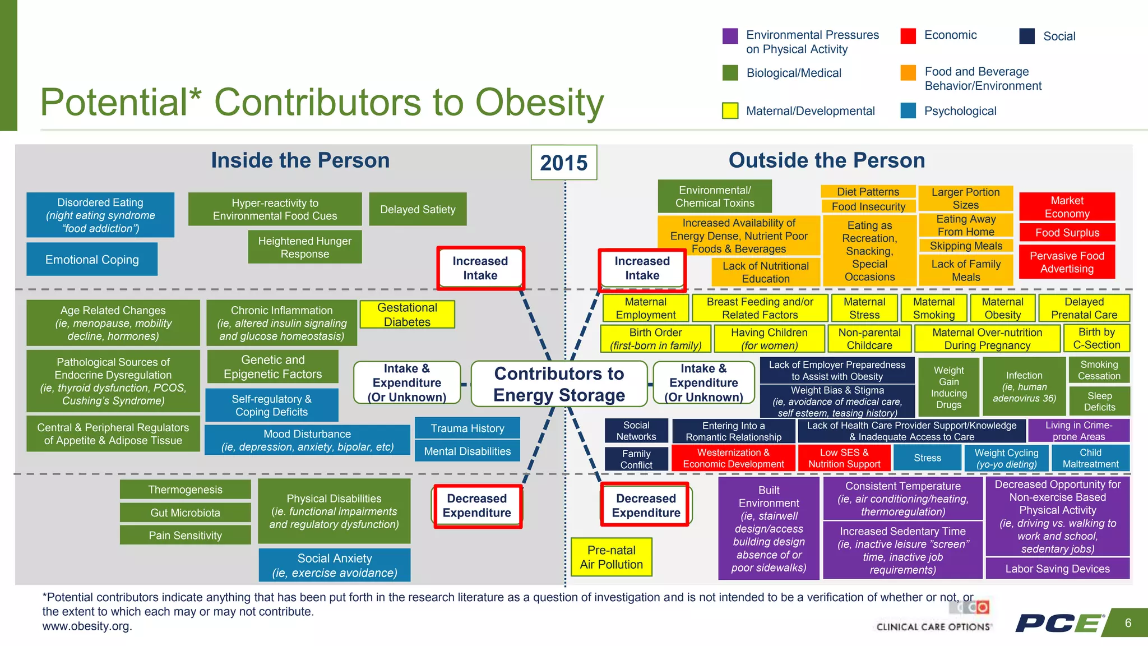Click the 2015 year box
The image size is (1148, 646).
pos(564,163)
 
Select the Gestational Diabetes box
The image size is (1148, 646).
pos(407,315)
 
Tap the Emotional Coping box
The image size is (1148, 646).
pos(92,259)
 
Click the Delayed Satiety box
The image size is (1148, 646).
pos(418,209)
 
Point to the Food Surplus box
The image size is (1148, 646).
pos(1067,232)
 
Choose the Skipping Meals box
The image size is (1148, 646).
pos(966,246)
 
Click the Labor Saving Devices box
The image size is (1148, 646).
pos(1057,569)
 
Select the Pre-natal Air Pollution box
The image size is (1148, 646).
pos(611,557)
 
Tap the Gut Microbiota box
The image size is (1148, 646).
pos(185,513)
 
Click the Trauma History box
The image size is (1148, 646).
pos(467,428)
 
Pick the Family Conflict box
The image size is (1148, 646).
pos(636,459)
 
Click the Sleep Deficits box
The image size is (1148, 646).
pos(1099,402)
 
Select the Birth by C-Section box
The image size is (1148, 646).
pos(1096,338)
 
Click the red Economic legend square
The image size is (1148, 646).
pos(908,36)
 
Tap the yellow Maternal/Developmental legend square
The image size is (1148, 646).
pos(730,111)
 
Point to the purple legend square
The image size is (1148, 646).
pos(730,36)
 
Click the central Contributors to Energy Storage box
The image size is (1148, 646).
pos(559,384)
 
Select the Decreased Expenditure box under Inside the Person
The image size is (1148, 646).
pos(477,506)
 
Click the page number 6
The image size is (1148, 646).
pos(1128,623)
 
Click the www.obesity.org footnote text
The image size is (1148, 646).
pos(87,626)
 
